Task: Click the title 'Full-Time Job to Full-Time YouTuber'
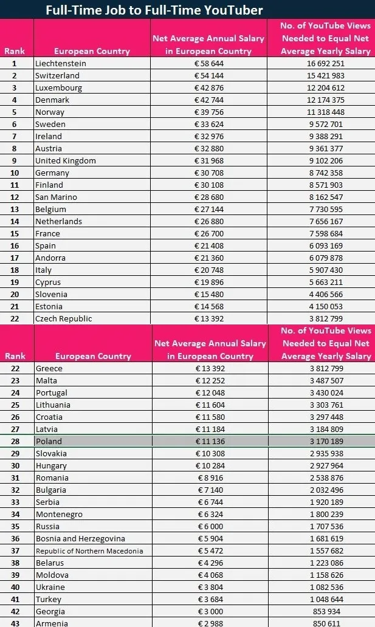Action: [154, 10]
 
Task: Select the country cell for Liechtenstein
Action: [61, 64]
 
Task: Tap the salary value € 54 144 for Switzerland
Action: [208, 76]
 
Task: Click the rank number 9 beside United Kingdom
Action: [14, 161]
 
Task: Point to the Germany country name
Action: [52, 173]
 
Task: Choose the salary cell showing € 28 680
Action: [208, 197]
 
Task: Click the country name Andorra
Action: [50, 258]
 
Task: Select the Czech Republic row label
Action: [64, 319]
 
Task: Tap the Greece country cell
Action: [49, 369]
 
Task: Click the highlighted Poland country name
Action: [49, 442]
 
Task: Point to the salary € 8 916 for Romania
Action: [210, 478]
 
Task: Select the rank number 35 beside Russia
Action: [14, 527]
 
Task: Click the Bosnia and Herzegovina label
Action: [80, 539]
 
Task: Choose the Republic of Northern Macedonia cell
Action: [89, 551]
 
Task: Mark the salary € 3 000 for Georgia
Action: [210, 612]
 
